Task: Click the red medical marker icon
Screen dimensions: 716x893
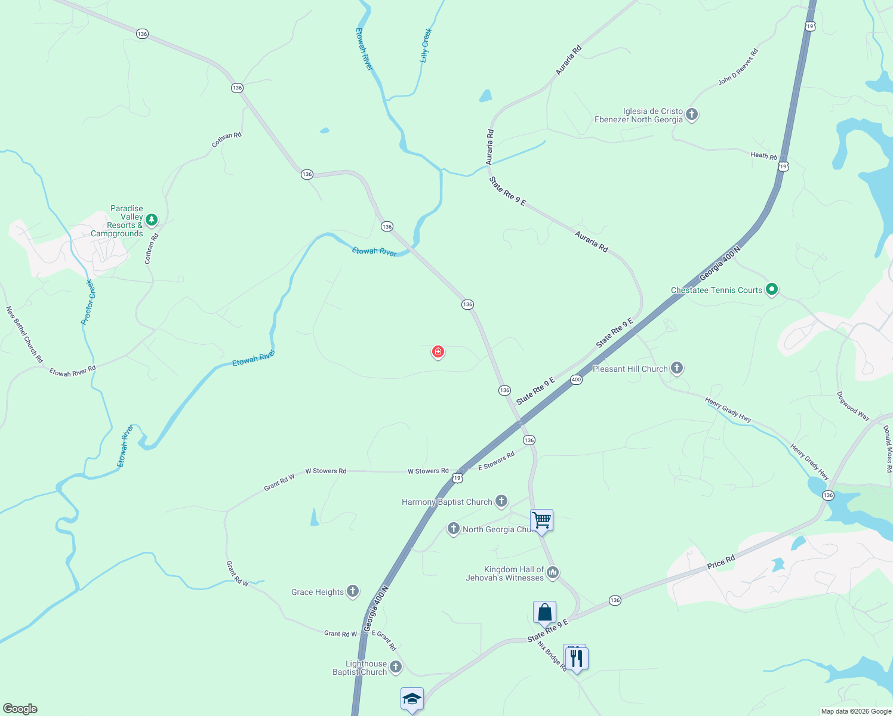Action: coord(438,352)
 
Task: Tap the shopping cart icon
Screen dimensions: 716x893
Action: coord(542,520)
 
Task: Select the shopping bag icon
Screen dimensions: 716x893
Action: coord(544,612)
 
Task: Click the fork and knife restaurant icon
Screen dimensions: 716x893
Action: coord(576,658)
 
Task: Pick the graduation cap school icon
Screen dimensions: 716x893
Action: coord(412,698)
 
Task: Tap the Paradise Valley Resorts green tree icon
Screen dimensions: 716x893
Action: coord(152,220)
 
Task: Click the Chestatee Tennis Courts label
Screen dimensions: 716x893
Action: coord(716,291)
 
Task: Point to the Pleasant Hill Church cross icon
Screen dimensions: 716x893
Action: coord(677,368)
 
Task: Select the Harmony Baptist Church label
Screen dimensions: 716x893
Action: coord(446,502)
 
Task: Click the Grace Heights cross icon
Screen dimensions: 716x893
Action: coord(353,591)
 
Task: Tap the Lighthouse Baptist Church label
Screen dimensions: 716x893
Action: coord(360,668)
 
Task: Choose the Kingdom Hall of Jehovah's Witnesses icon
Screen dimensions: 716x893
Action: coord(553,573)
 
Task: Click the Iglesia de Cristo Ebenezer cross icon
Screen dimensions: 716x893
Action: coord(692,114)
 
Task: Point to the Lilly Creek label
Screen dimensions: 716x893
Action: coord(426,45)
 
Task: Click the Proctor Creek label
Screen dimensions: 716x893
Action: coord(88,302)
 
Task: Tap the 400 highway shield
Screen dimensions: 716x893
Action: coord(576,379)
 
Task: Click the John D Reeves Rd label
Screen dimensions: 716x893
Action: coord(738,66)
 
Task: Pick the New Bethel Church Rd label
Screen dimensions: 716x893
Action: coord(24,335)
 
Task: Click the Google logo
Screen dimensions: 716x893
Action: coord(20,709)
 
